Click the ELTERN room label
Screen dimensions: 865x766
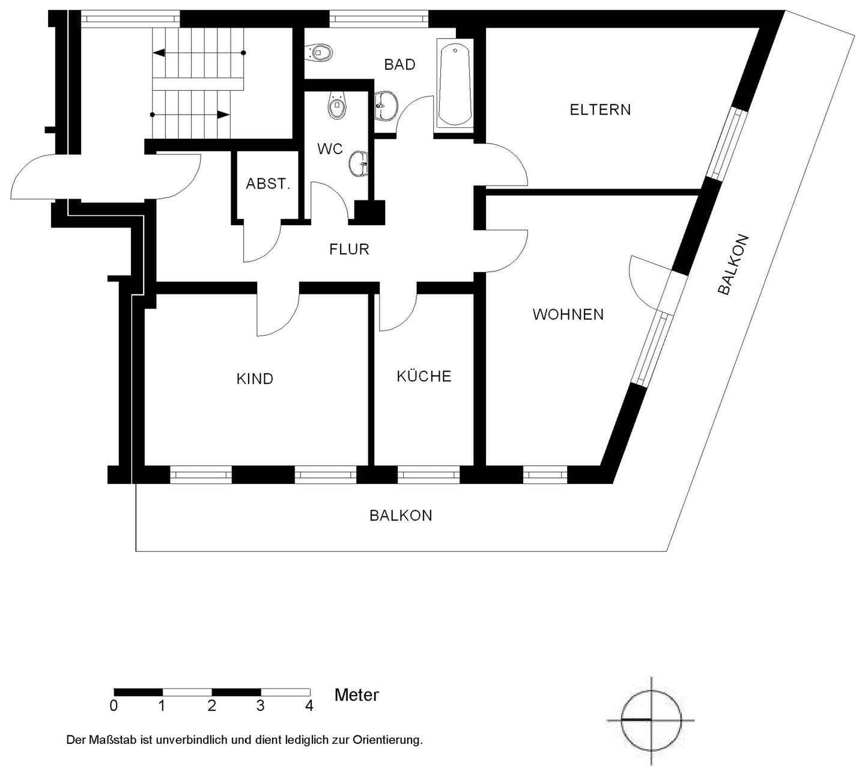coord(600,110)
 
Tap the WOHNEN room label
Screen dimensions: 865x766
coord(568,315)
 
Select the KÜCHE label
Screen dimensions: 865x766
coord(424,376)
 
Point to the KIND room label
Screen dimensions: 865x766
coord(255,379)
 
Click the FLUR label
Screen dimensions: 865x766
coord(349,249)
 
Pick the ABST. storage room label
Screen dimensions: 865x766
coord(268,184)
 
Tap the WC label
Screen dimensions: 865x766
coord(330,149)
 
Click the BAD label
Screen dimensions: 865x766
coord(399,65)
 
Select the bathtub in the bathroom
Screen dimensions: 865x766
coord(455,85)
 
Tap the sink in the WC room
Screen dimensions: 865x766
coord(359,163)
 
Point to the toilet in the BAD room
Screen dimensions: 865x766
coord(319,52)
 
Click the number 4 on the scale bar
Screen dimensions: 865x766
coord(309,705)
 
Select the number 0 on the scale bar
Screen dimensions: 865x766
coord(114,705)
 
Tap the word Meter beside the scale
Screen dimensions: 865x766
coord(356,695)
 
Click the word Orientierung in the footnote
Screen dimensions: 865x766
coord(387,740)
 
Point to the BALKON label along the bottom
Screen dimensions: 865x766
coord(401,516)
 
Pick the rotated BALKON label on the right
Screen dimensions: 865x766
coord(733,264)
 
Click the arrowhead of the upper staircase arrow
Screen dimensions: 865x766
coord(159,53)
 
